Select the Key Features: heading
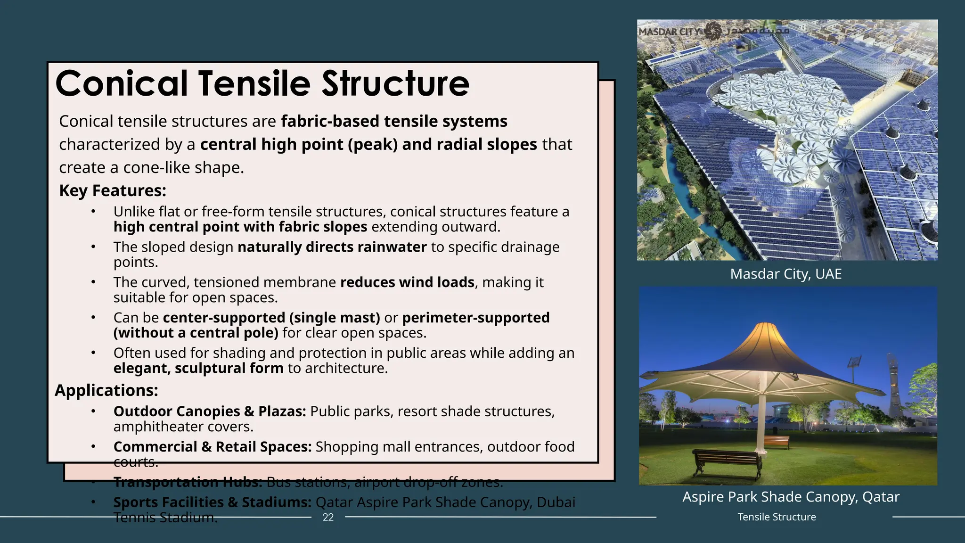coord(113,190)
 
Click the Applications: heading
coord(106,390)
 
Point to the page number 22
coord(328,517)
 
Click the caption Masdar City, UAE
coord(785,274)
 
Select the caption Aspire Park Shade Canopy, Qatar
coord(791,497)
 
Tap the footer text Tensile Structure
coord(777,517)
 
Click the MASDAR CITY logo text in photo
coord(669,32)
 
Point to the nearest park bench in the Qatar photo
coord(727,461)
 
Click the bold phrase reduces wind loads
coord(407,282)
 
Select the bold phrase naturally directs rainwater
coord(332,247)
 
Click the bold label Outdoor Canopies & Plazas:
coord(210,411)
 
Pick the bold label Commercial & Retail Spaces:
coord(213,447)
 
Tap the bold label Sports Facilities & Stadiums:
coord(213,502)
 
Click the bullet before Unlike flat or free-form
coord(93,212)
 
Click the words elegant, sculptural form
coord(198,368)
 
